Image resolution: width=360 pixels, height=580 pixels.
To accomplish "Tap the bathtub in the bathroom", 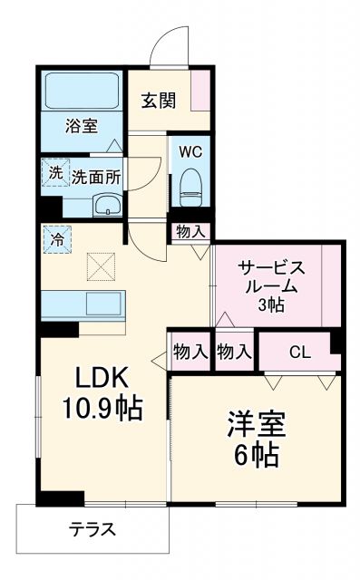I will (80, 91).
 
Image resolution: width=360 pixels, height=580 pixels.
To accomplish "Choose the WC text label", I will (190, 150).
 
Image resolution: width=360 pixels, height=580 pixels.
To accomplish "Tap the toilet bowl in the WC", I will (191, 186).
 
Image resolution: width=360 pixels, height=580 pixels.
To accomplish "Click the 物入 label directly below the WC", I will (191, 233).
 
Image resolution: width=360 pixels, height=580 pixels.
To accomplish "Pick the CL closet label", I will (298, 352).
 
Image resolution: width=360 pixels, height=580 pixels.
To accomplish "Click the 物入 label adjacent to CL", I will (235, 352).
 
